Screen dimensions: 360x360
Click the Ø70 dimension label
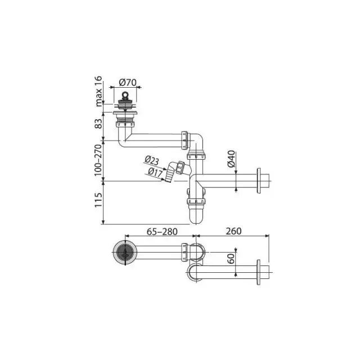pos(128,82)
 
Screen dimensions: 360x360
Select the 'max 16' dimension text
pos(98,91)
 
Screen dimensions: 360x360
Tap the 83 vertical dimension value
pos(98,124)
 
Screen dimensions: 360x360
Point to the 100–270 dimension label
pos(98,160)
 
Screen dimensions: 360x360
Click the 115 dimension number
pos(98,200)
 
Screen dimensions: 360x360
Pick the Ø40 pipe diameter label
pos(231,159)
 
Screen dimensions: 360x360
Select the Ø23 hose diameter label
pos(152,160)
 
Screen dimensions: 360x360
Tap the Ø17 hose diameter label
pos(155,172)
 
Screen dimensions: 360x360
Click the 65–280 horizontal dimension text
pos(162,232)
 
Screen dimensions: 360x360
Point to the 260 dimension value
pos(233,231)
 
